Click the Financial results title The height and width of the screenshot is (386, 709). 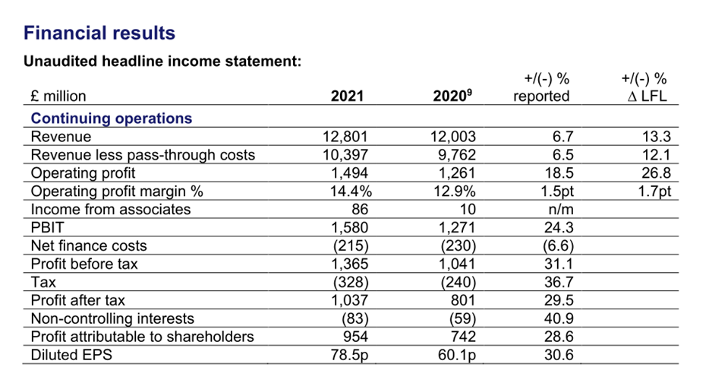coord(99,33)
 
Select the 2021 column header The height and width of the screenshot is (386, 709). coord(347,96)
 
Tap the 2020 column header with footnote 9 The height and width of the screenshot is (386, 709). coord(452,96)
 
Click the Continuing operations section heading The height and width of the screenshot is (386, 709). coord(112,118)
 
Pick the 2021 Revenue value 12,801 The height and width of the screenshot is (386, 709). coord(345,137)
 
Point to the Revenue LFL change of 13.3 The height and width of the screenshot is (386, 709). coord(657,137)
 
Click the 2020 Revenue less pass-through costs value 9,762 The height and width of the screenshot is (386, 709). coord(457,155)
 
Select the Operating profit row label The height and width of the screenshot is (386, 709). coord(83,172)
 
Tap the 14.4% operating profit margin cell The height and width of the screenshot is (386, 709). coord(351,191)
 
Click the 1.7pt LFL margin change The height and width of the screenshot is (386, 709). coord(654,191)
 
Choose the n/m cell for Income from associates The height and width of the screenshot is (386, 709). coord(561,209)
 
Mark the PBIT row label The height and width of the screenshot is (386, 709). coord(48,227)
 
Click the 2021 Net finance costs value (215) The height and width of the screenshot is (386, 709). coord(351,245)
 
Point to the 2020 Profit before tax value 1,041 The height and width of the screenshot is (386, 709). coord(457,264)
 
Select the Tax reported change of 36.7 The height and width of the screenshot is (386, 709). coord(559,282)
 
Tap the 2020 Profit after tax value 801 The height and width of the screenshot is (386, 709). coord(462,300)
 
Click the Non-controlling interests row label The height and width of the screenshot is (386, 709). coord(112,318)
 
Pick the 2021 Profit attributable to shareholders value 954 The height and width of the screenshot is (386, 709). coord(354,336)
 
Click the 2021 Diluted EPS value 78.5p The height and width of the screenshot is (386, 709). coord(349,355)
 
